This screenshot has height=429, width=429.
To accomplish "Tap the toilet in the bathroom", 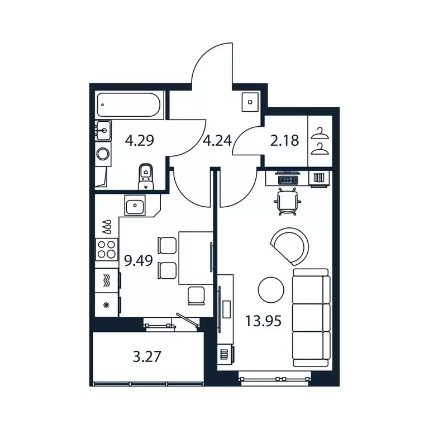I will [x=146, y=176].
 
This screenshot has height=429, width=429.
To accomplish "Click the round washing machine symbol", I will [x=103, y=154].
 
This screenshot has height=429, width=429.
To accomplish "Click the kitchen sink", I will [x=135, y=207].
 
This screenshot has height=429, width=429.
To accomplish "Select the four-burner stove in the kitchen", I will [x=107, y=249].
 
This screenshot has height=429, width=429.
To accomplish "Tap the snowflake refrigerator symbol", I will [x=106, y=305].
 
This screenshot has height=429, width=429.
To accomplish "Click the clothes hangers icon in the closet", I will [x=320, y=140].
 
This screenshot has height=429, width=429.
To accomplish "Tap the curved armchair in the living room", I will [x=290, y=245].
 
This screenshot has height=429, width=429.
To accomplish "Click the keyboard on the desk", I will [x=289, y=178].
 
